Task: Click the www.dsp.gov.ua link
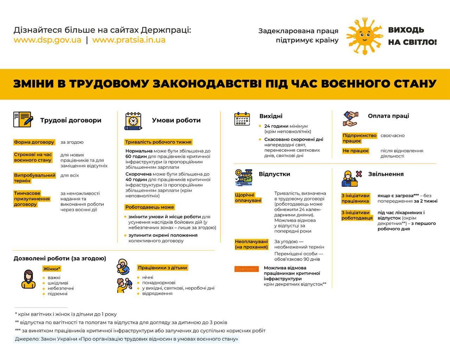point(47,40)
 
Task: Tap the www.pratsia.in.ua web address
point(129,40)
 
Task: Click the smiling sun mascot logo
point(364,35)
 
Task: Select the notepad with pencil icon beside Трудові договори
point(23,120)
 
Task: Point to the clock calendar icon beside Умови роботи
point(133,121)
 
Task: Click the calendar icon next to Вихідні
point(242,119)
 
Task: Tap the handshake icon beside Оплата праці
point(350,118)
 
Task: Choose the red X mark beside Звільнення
point(359,174)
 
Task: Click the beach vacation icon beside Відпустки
point(243,177)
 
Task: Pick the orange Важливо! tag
point(246,269)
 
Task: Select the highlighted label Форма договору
point(34,142)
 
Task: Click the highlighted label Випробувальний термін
point(34,178)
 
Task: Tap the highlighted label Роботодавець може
point(150,207)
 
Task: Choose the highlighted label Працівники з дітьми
point(162,268)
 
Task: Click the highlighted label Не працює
point(356,151)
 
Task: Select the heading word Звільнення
point(386,174)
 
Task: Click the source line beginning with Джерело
point(127,339)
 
